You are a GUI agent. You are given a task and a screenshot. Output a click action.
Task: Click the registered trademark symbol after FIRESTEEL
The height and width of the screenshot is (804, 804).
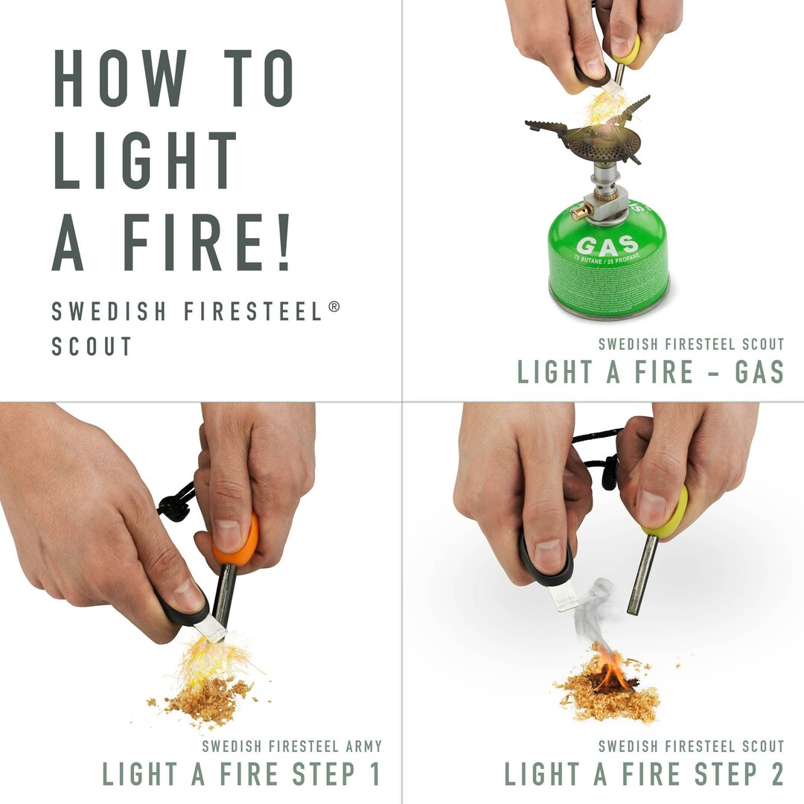(x=334, y=306)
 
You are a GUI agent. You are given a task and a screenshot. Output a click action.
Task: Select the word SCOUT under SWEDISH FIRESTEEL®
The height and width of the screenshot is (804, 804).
(x=92, y=346)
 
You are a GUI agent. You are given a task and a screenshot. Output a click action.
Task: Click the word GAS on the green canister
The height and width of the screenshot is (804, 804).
(x=607, y=245)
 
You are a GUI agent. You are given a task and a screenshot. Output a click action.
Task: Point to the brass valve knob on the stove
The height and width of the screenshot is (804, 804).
(x=578, y=212)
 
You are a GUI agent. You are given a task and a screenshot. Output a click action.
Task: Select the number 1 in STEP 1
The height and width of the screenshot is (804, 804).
(x=373, y=774)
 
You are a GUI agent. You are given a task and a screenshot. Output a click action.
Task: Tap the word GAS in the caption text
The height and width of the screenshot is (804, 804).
(x=759, y=371)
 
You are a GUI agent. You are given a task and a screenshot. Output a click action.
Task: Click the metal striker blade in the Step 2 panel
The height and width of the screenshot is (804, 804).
(x=564, y=596)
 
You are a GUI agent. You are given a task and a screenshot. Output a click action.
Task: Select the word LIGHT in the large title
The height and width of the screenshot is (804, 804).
(x=145, y=160)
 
